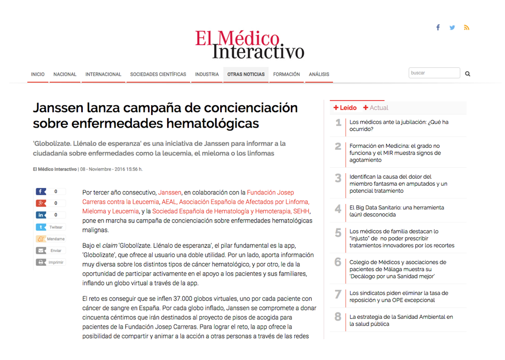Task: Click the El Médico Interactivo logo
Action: (250, 44)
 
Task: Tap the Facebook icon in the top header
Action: (438, 27)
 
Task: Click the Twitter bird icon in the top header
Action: (452, 27)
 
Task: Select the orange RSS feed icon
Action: (466, 27)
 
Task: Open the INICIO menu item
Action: (38, 75)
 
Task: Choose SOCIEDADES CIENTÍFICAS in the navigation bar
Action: (158, 75)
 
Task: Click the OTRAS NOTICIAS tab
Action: (246, 75)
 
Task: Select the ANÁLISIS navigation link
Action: (319, 75)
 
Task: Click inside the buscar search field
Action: (434, 73)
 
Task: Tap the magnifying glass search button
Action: (467, 73)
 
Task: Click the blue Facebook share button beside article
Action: (41, 192)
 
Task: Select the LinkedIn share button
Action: (41, 215)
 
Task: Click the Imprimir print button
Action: (50, 262)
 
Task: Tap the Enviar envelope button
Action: (50, 250)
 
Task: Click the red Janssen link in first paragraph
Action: (169, 192)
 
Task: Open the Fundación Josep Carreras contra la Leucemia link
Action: (270, 192)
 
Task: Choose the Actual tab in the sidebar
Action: (375, 108)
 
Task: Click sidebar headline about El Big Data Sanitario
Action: (397, 211)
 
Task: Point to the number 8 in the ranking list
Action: (338, 317)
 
